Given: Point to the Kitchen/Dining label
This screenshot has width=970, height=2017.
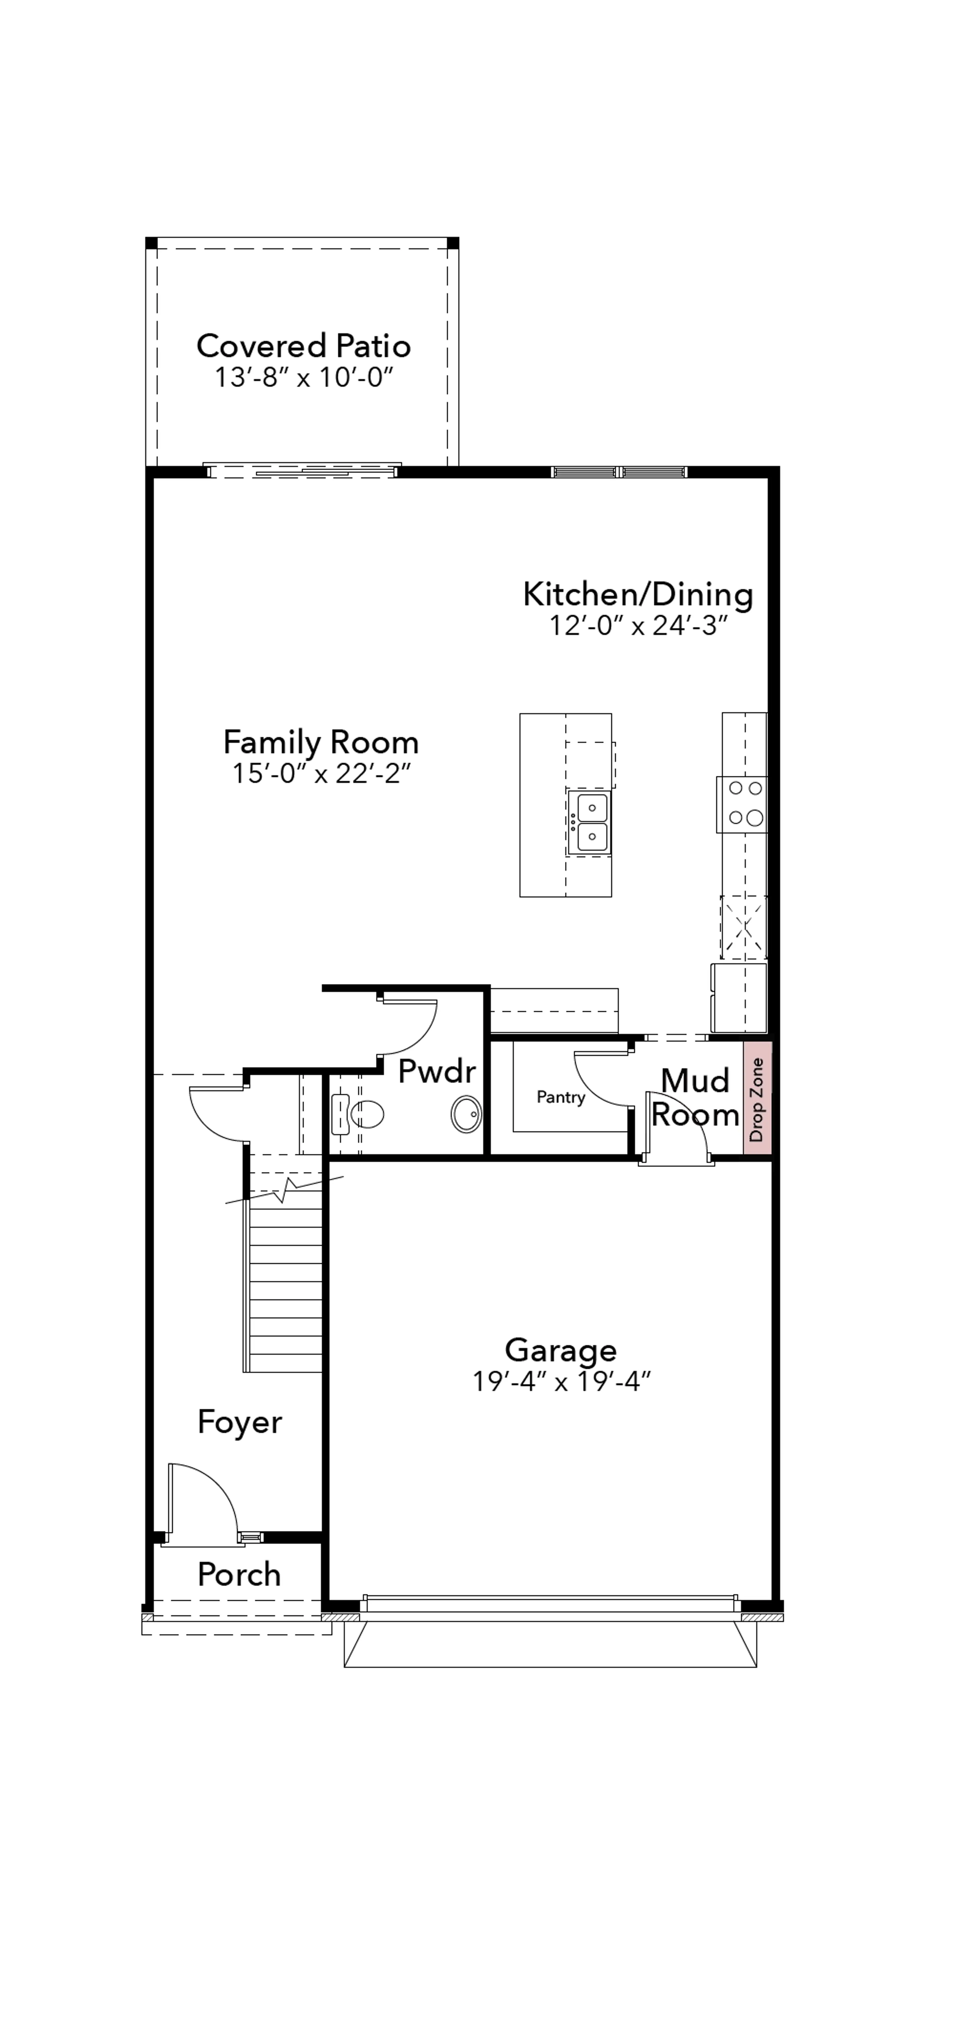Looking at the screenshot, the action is [x=638, y=594].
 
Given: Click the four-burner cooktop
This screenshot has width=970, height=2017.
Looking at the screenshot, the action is [x=743, y=804].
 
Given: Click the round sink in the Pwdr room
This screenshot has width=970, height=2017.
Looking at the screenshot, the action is [x=467, y=1114].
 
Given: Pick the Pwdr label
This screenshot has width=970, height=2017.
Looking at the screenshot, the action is [x=437, y=1070].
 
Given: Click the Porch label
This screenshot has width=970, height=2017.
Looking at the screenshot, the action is [x=239, y=1574].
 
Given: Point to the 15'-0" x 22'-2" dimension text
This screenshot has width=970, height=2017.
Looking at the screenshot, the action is [x=321, y=774].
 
